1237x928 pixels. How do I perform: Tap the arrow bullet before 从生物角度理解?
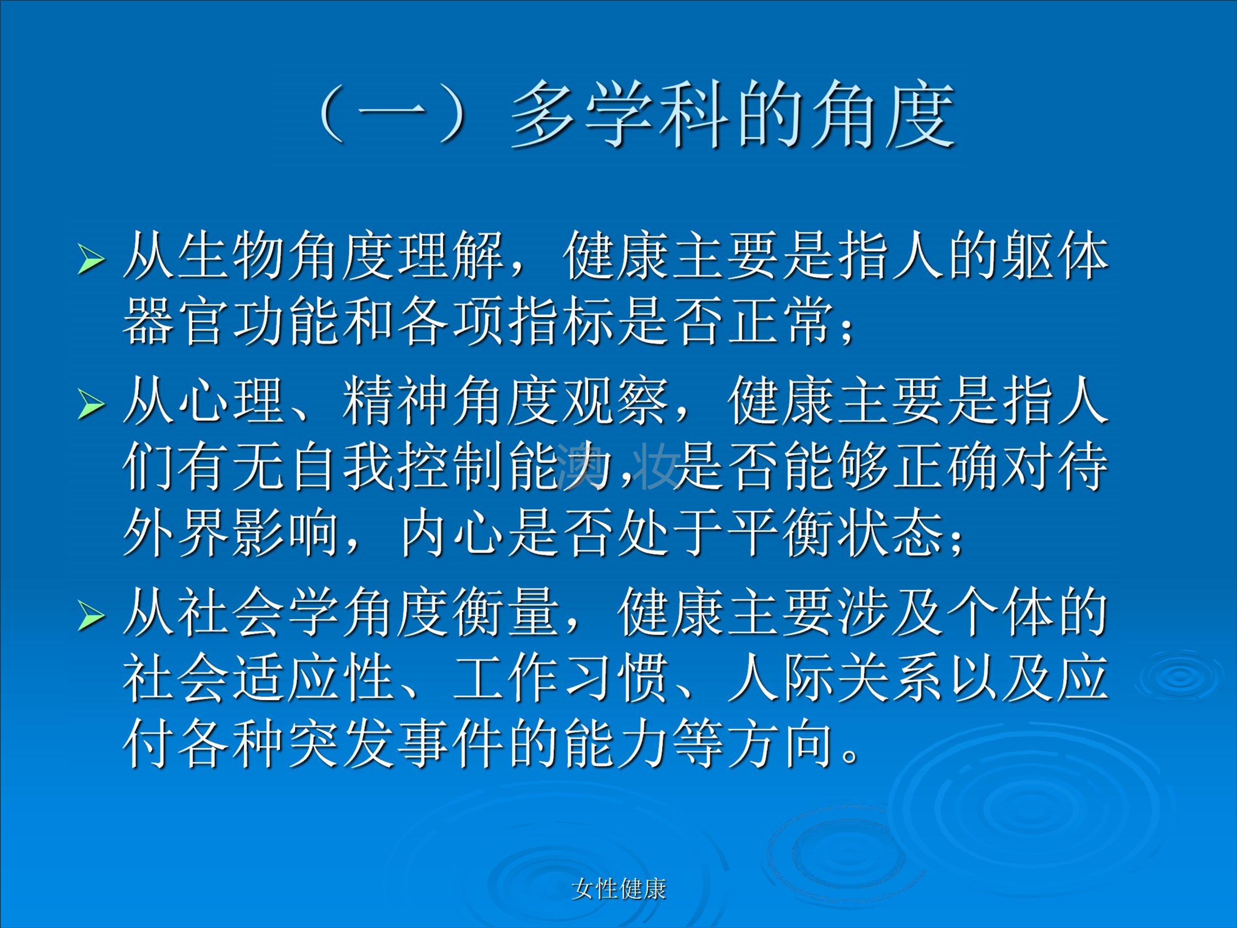pyautogui.click(x=91, y=259)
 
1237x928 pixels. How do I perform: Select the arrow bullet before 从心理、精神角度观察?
pyautogui.click(x=91, y=404)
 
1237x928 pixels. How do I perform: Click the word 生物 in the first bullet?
pyautogui.click(x=231, y=256)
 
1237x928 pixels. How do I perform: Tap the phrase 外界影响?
pyautogui.click(x=231, y=532)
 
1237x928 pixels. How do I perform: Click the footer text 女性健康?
pyautogui.click(x=618, y=889)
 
